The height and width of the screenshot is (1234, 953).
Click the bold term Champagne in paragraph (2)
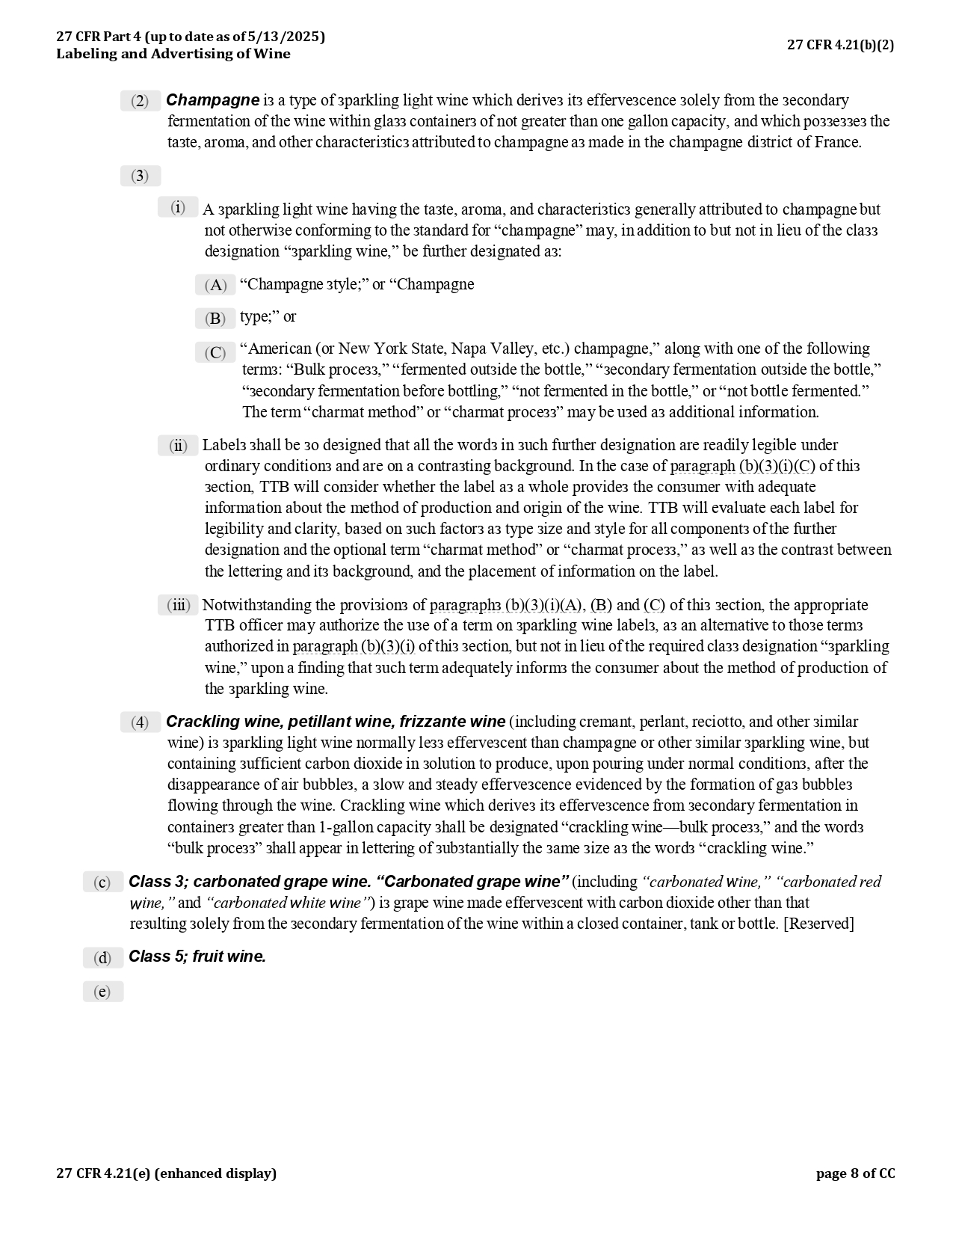tap(212, 100)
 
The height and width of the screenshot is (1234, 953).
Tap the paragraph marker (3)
tap(141, 176)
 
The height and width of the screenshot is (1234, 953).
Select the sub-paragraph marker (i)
tap(178, 208)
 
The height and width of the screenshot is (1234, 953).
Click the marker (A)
tap(215, 285)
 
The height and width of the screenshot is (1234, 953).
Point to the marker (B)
tap(215, 319)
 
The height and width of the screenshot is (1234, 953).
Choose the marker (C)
tap(215, 353)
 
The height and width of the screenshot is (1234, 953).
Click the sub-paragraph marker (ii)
tap(178, 446)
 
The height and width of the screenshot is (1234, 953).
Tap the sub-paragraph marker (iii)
tap(178, 605)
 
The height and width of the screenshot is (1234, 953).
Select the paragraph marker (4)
tap(141, 722)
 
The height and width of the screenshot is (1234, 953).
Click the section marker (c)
tap(103, 882)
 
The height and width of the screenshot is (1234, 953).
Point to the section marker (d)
tap(103, 958)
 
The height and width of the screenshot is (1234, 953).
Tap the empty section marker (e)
tap(103, 992)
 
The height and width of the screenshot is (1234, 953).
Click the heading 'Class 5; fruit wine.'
tap(197, 957)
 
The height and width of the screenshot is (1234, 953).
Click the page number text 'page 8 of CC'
tap(855, 1173)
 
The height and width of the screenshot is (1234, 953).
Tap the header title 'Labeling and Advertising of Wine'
tap(173, 54)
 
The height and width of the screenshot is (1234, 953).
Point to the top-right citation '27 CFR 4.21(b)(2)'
tap(840, 45)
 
